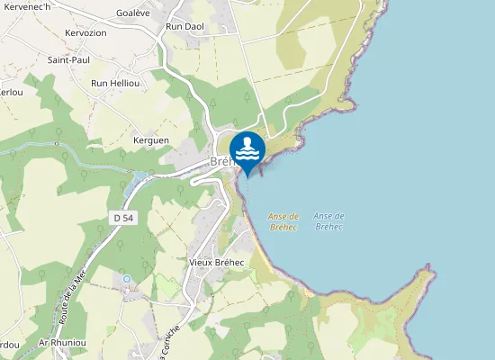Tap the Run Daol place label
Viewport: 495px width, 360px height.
[185, 27]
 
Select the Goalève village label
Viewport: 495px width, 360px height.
[134, 14]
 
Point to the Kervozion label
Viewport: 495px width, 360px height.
[86, 33]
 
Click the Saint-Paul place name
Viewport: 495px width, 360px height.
[68, 60]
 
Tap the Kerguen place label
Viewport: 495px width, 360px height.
[151, 141]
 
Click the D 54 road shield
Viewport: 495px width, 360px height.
[124, 219]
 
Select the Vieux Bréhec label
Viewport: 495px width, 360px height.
[217, 262]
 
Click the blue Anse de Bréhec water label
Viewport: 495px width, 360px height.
[329, 221]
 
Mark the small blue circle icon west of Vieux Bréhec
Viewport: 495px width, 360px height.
[127, 279]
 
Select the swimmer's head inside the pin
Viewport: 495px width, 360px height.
[247, 140]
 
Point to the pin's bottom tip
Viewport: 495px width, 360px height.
[247, 176]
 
